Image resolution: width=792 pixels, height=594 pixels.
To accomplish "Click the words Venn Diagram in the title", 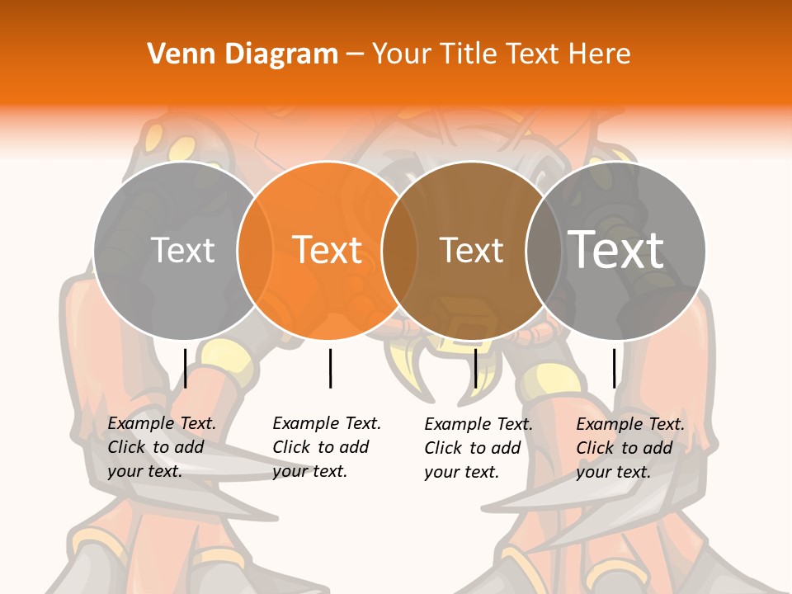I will pyautogui.click(x=243, y=54).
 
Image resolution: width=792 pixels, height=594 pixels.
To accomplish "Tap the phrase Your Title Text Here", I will pyautogui.click(x=501, y=54).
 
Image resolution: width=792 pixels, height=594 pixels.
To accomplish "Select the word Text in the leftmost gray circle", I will pyautogui.click(x=182, y=250).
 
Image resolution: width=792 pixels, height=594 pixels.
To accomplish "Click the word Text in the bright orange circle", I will pyautogui.click(x=328, y=250).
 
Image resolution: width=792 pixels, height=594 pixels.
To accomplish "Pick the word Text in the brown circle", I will pyautogui.click(x=471, y=250).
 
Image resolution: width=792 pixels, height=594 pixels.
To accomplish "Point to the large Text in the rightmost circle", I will pyautogui.click(x=616, y=250).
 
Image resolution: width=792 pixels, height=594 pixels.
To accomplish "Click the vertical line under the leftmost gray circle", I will pyautogui.click(x=186, y=368).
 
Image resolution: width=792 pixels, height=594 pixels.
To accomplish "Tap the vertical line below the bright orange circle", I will pyautogui.click(x=330, y=368).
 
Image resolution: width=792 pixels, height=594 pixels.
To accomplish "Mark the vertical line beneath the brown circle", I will pyautogui.click(x=476, y=368).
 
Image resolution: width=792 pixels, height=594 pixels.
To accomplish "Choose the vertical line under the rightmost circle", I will pyautogui.click(x=615, y=368).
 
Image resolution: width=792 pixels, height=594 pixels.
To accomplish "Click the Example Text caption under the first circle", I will pyautogui.click(x=162, y=447).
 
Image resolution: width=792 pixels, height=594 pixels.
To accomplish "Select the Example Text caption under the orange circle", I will pyautogui.click(x=327, y=447).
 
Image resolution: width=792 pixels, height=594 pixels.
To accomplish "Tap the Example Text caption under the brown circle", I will pyautogui.click(x=478, y=448).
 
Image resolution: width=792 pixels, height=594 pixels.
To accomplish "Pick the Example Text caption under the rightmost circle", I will pyautogui.click(x=630, y=448).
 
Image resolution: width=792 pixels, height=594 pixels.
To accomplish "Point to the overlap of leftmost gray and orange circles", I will pyautogui.click(x=255, y=250).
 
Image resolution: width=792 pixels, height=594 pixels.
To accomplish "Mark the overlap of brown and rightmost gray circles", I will pyautogui.click(x=544, y=250).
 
